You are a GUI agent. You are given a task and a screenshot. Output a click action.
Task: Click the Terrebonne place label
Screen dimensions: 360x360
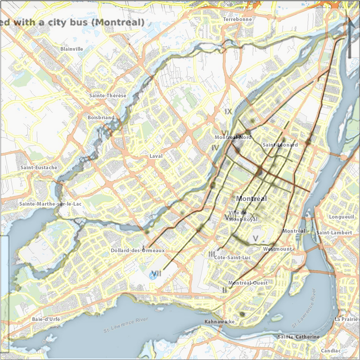click(238, 20)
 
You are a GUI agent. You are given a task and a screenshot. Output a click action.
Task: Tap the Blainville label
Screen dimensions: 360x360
click(72, 49)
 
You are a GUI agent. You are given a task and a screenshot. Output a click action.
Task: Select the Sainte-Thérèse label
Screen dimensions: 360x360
click(108, 95)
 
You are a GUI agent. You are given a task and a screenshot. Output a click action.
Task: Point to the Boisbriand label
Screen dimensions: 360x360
click(101, 117)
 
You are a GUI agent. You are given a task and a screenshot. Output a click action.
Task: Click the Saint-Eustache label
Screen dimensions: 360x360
click(39, 167)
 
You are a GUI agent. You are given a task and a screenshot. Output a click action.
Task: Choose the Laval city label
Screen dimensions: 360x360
click(156, 157)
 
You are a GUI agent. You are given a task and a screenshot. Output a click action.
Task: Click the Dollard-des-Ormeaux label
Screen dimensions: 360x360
click(138, 250)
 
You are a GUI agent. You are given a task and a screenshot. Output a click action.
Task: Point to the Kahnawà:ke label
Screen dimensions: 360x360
click(220, 322)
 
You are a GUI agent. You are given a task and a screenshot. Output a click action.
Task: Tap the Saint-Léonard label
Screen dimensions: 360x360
click(280, 145)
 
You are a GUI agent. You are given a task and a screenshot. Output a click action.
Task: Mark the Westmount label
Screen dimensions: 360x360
click(277, 249)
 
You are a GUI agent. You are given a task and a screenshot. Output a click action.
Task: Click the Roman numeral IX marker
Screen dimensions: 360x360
click(229, 111)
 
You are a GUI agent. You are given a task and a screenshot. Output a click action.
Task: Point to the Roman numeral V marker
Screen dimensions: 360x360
click(255, 238)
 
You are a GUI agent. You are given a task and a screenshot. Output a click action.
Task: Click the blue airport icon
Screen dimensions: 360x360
click(153, 275)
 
